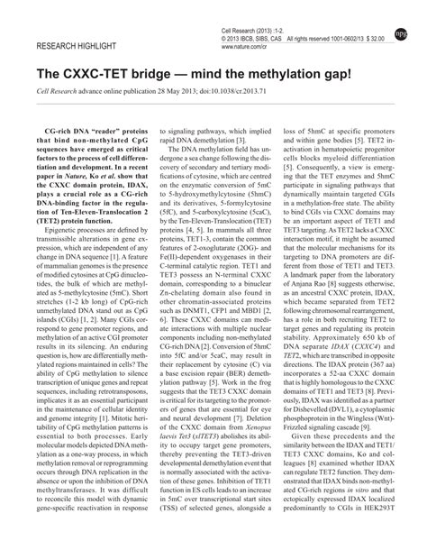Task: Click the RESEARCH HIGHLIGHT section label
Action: click(75, 44)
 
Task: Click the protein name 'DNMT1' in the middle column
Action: click(202, 308)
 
